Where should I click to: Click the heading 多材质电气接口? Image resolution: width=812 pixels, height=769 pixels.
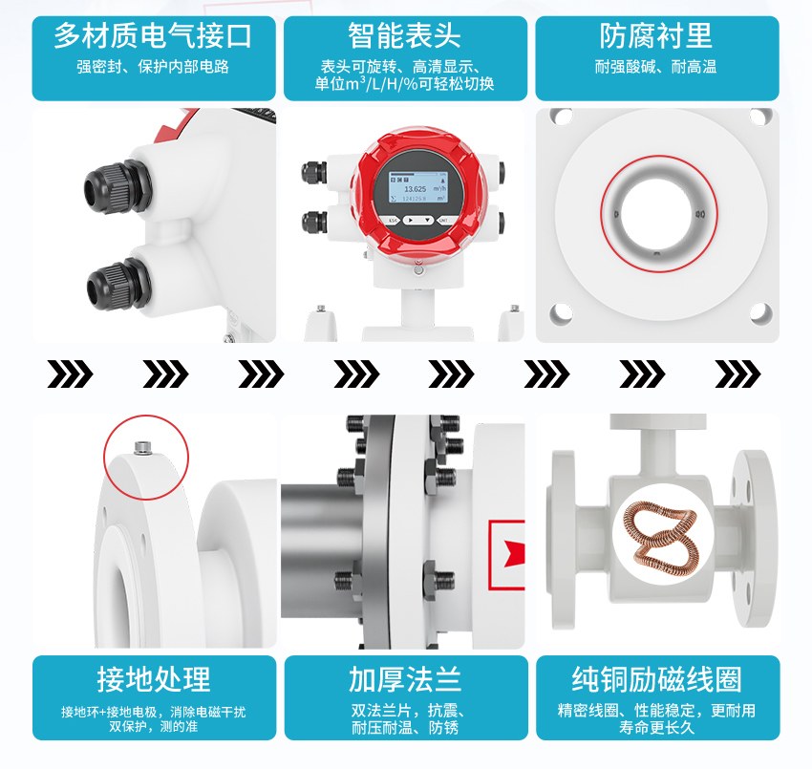pos(153,35)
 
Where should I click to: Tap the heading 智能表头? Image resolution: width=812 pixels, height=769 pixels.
pos(404,35)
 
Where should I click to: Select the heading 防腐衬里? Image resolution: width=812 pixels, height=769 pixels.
pos(656,35)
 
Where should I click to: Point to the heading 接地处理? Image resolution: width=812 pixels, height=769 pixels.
pos(154,679)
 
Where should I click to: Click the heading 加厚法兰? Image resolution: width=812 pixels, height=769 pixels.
pos(405,679)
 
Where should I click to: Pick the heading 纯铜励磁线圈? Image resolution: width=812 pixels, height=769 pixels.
pos(656,679)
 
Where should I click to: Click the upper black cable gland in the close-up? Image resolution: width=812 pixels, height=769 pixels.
pos(117,186)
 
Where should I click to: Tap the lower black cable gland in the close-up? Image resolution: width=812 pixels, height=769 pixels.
pos(118,285)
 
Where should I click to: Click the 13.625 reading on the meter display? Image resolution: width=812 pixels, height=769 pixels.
pos(415,189)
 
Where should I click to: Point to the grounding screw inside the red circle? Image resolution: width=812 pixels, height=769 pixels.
pos(142,448)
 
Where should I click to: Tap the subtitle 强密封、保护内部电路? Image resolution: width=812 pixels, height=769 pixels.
pos(153,67)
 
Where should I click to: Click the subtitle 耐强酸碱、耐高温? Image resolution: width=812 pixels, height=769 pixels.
pos(655,67)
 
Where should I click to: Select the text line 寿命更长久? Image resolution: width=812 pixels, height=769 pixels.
pos(656,727)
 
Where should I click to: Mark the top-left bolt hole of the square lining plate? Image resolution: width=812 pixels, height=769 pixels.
pos(561,116)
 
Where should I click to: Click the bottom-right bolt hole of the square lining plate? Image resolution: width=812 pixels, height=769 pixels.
pos(760,312)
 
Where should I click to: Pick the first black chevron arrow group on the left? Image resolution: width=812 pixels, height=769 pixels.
pos(70,374)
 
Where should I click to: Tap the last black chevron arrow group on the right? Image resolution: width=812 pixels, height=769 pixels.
pos(737,374)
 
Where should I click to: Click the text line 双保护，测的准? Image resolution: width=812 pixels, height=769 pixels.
pos(153,727)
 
